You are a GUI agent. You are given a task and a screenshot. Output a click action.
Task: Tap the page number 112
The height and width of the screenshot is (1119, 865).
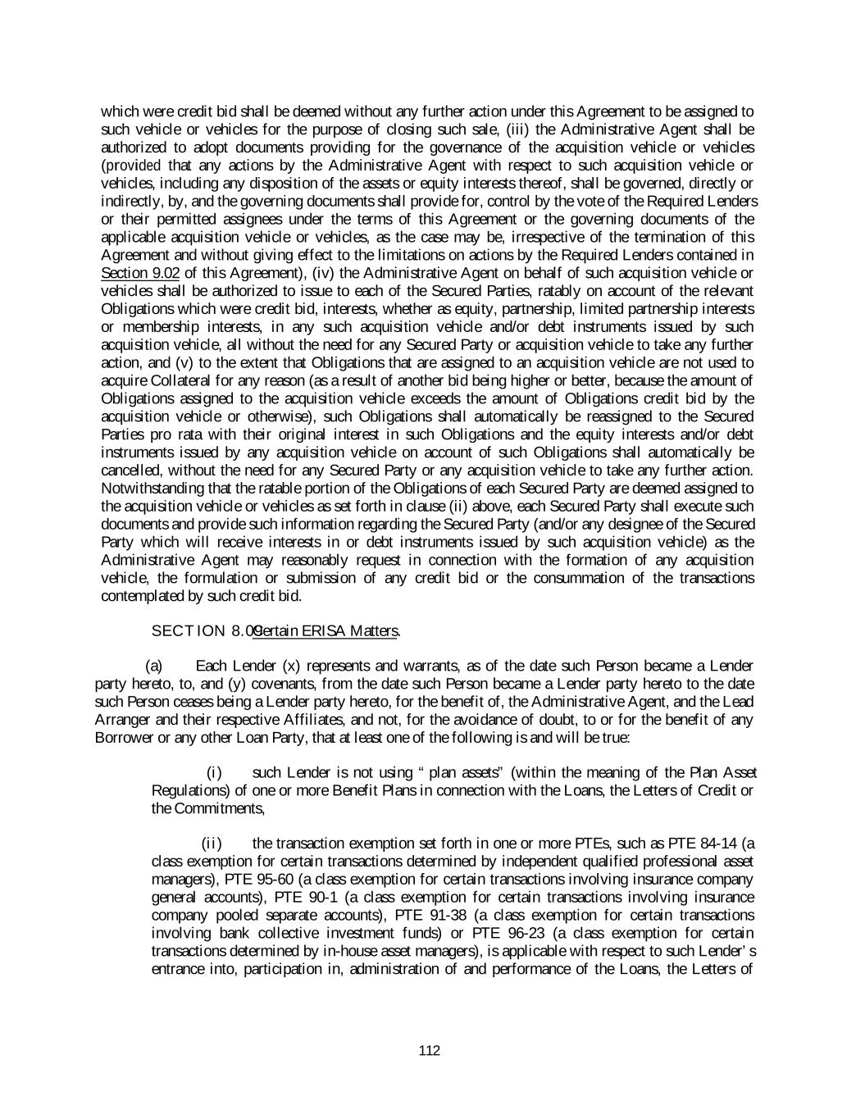coord(429,1051)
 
